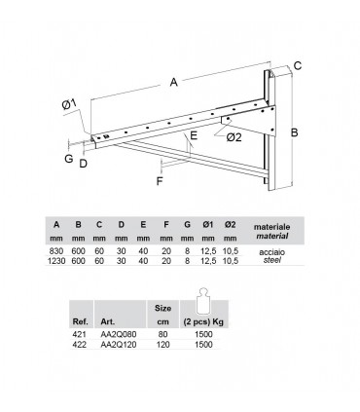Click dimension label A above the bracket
(174, 82)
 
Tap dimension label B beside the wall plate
(294, 132)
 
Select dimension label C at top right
(298, 65)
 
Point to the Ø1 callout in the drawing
(69, 104)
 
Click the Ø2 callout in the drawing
(234, 137)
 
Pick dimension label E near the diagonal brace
(194, 135)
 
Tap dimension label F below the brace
(160, 181)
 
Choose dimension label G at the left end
(69, 159)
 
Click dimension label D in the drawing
(84, 164)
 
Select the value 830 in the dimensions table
(56, 251)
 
